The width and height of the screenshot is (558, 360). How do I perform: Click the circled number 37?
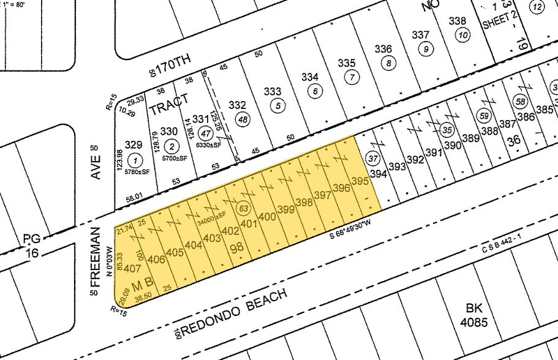point(372,158)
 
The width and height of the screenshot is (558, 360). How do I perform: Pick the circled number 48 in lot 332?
point(243,120)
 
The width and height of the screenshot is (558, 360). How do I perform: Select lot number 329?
point(134,145)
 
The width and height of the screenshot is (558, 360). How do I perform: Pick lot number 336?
point(383,49)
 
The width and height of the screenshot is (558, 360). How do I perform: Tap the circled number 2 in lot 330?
point(172,146)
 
